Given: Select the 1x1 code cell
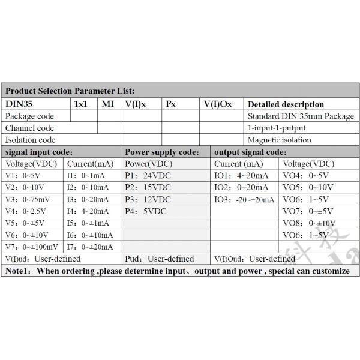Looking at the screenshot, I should click(x=80, y=104).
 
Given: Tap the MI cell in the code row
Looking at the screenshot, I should click(x=107, y=104).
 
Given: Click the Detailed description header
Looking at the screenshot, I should click(x=286, y=104).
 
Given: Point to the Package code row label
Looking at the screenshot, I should click(x=29, y=116).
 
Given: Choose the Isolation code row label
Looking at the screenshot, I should click(x=30, y=140).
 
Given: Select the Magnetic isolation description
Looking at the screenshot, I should click(x=280, y=140).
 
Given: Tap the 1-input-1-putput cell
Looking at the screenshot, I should click(x=277, y=128).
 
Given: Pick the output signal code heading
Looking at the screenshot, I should click(x=250, y=152).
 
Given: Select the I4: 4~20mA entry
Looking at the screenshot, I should click(x=88, y=211).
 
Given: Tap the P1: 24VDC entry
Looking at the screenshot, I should click(x=148, y=175).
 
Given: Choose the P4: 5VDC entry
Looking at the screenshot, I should click(x=145, y=211).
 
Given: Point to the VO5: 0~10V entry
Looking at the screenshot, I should click(x=308, y=187).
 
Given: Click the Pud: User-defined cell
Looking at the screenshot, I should click(x=159, y=259).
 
